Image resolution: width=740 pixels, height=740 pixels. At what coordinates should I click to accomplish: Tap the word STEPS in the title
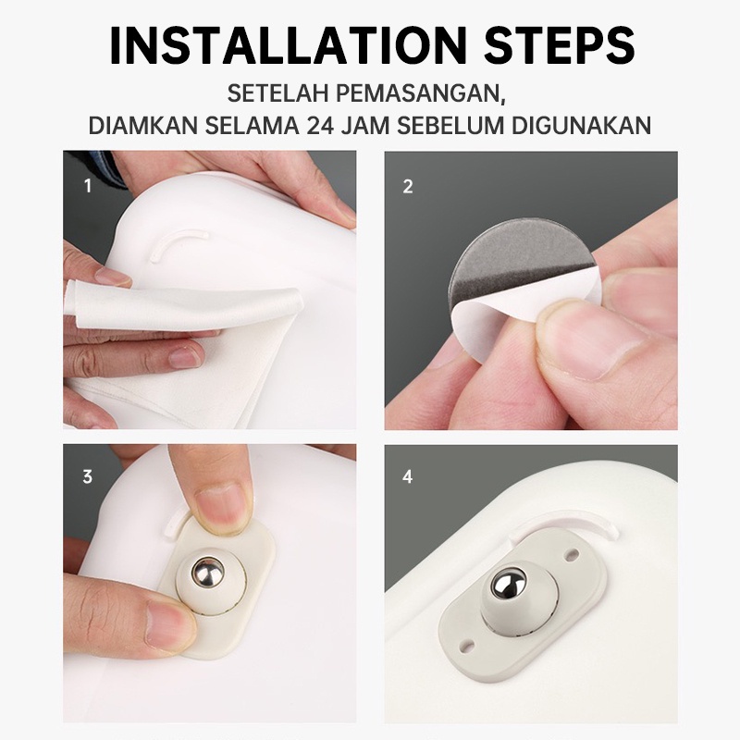tap(560, 45)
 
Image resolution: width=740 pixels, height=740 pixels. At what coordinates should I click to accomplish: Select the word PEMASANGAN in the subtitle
tap(421, 93)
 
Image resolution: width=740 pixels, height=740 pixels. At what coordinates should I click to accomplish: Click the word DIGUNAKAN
tap(581, 126)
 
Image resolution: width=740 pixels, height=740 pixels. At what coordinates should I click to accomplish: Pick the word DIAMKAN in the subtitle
tap(143, 126)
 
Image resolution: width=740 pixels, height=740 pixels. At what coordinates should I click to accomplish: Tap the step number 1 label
tap(88, 186)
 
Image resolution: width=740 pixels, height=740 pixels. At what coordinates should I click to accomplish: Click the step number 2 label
tap(408, 187)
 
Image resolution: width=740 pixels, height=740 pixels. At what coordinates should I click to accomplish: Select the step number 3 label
tap(88, 476)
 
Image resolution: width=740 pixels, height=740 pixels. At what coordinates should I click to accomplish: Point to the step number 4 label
tap(408, 476)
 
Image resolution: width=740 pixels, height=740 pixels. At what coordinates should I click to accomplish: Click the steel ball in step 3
tap(207, 573)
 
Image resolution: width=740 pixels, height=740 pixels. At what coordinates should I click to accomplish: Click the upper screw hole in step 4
tap(573, 552)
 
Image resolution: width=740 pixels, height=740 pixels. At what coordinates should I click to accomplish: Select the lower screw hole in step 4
tap(467, 644)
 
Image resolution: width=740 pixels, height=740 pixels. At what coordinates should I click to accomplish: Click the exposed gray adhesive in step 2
tap(510, 255)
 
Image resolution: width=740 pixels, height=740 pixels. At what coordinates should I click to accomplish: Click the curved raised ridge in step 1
tap(177, 240)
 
